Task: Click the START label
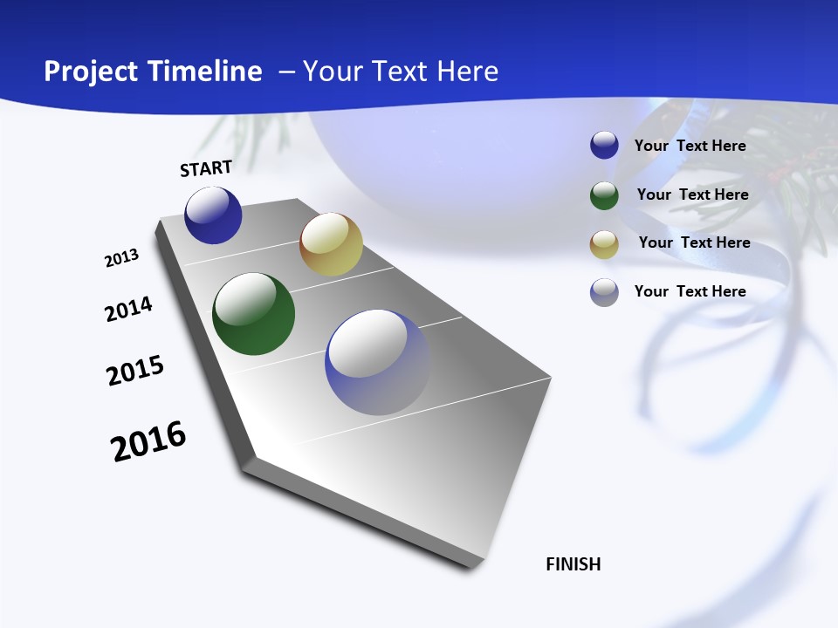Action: click(x=206, y=168)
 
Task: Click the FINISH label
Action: click(x=574, y=564)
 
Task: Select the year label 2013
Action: click(x=121, y=258)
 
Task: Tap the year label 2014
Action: click(x=128, y=309)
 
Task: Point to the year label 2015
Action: click(x=135, y=371)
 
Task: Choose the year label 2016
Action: click(x=148, y=440)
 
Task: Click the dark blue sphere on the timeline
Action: click(x=213, y=215)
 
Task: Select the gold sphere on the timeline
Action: click(x=331, y=244)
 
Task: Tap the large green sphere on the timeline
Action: click(x=253, y=314)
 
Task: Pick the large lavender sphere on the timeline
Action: click(x=378, y=362)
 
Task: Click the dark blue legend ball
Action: click(x=604, y=146)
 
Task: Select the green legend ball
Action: click(x=604, y=195)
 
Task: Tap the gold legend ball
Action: click(x=604, y=243)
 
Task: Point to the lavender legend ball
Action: click(x=604, y=292)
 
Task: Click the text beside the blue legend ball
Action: click(x=690, y=146)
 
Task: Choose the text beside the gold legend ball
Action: click(x=694, y=242)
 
